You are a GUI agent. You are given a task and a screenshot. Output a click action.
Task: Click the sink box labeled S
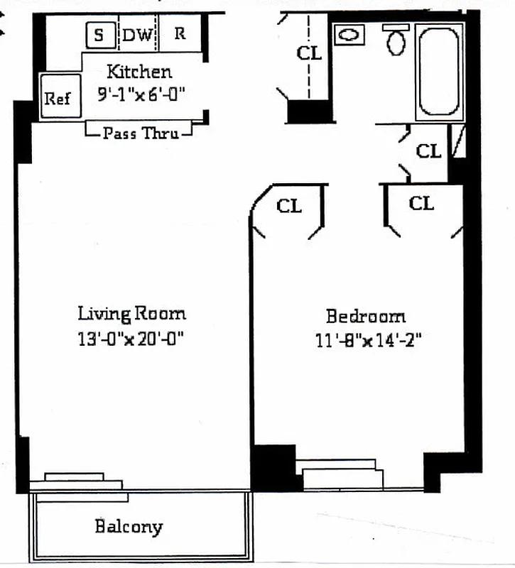tap(99, 34)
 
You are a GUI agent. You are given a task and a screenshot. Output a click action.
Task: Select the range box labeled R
tap(180, 34)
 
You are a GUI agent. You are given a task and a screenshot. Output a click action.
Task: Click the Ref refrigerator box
tap(58, 98)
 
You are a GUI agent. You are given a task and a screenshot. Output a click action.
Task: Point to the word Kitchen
tap(139, 72)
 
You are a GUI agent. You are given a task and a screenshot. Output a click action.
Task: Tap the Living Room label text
tap(131, 313)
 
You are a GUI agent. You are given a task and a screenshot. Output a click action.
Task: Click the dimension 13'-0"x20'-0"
tap(131, 339)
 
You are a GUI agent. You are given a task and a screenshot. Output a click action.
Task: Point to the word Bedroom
tap(366, 316)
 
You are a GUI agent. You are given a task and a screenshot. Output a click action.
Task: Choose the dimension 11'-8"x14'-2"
tap(369, 341)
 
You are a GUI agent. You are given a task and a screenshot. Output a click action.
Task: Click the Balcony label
tap(129, 527)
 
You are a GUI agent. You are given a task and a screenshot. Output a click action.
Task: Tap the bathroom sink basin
tap(349, 34)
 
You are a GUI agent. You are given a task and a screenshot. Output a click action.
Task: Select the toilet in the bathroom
tap(396, 41)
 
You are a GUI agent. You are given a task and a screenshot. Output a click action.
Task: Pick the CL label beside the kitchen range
tap(309, 53)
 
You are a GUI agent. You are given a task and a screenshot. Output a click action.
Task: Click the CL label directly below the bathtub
tap(428, 151)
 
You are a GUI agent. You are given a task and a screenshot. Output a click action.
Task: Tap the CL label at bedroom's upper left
tap(289, 207)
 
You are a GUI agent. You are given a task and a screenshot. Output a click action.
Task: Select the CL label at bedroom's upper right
tap(421, 204)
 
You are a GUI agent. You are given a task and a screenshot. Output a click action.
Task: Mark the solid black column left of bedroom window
tap(274, 466)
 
